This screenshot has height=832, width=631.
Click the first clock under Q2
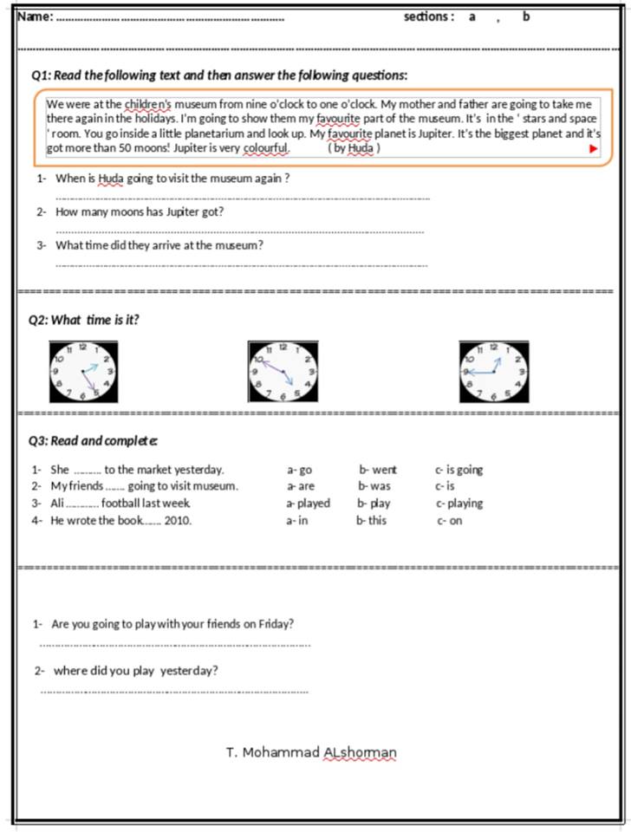click(x=84, y=372)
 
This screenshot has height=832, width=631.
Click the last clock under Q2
click(x=493, y=372)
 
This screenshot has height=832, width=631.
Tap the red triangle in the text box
click(x=593, y=148)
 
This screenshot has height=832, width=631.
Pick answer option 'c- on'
click(x=450, y=521)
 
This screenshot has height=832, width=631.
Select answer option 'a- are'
click(x=301, y=486)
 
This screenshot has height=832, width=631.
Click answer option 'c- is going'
click(x=459, y=470)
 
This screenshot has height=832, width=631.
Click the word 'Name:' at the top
click(x=36, y=16)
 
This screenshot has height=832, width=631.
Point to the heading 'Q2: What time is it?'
click(x=83, y=320)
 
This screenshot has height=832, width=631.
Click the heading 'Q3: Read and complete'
click(x=93, y=440)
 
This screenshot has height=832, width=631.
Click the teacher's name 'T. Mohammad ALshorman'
click(x=311, y=752)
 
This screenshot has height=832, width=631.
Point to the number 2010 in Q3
click(x=178, y=521)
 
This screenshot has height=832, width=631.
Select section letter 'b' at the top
click(x=525, y=16)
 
